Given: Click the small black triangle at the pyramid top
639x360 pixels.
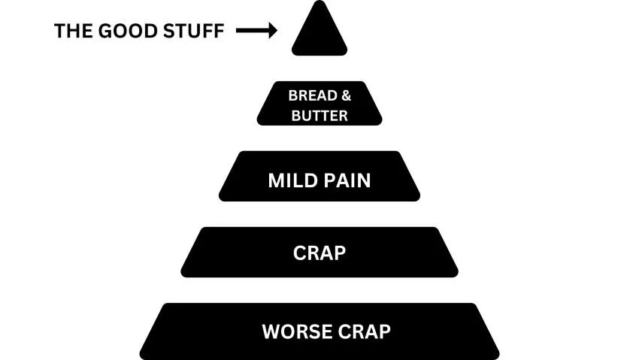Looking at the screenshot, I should (x=319, y=34).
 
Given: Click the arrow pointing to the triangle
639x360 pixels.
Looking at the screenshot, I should (x=256, y=31).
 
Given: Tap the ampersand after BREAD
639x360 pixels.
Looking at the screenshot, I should (x=345, y=96).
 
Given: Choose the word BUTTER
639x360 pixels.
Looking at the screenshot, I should (x=319, y=115).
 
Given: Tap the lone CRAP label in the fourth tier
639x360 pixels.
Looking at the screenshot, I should (x=319, y=253).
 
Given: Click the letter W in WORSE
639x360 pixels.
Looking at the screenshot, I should (x=270, y=331).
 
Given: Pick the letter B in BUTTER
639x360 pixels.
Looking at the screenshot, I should (x=295, y=115).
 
